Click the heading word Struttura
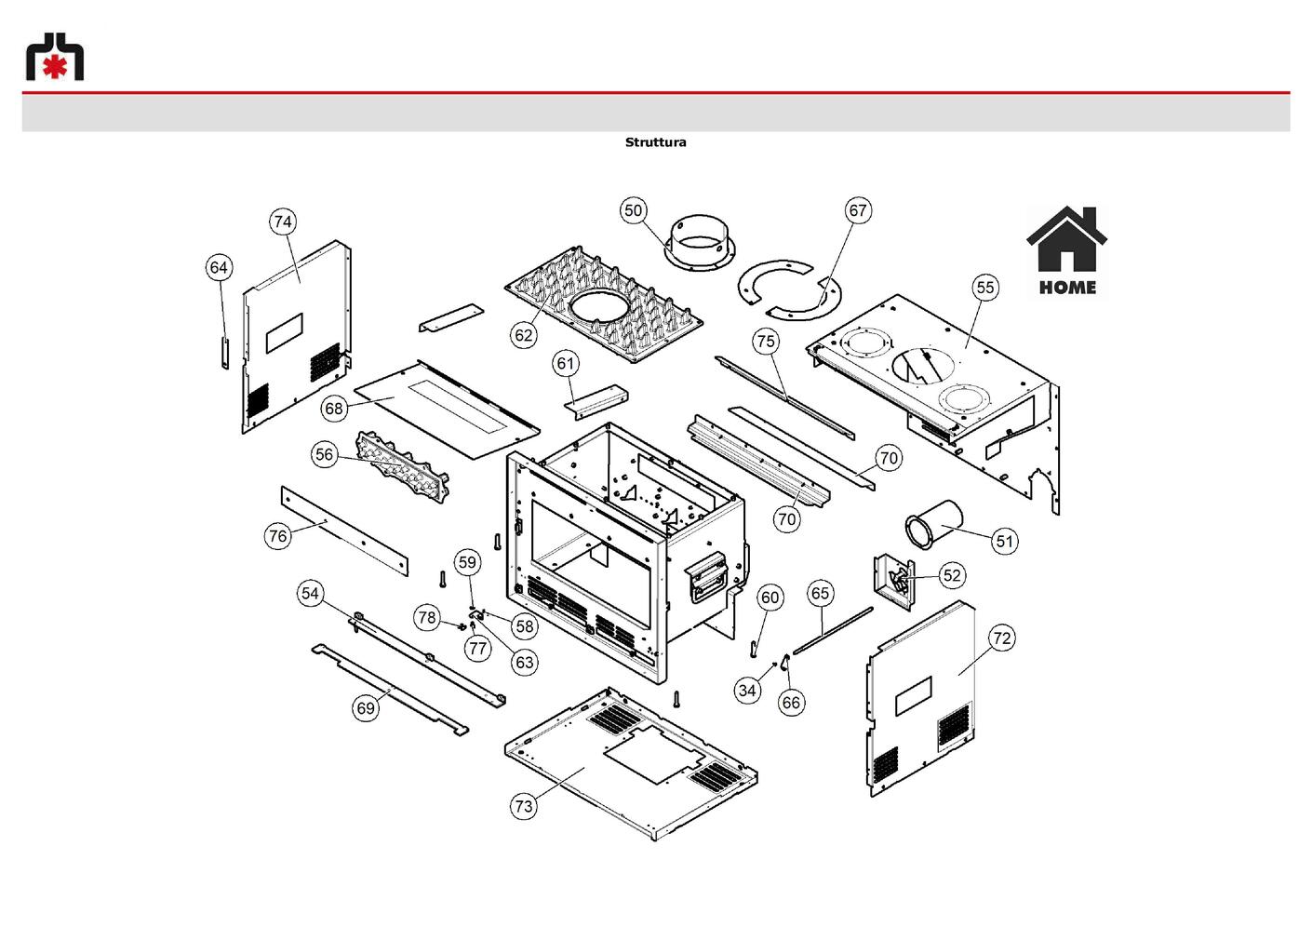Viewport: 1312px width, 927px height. click(655, 142)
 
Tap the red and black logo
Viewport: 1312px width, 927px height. click(55, 56)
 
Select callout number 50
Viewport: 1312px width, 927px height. click(633, 210)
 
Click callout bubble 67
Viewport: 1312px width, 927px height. click(858, 210)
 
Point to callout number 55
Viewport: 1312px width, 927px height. click(985, 288)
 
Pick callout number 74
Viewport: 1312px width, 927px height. click(283, 222)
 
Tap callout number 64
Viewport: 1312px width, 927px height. click(219, 268)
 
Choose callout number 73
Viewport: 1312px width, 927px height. click(523, 806)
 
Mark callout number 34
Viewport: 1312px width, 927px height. click(747, 691)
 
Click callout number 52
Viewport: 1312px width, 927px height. click(953, 575)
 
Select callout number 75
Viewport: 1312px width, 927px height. click(766, 341)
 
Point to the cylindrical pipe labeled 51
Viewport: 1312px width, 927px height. click(934, 524)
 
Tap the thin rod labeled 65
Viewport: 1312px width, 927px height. click(832, 630)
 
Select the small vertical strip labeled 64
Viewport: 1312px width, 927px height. click(225, 353)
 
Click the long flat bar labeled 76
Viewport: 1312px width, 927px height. click(344, 531)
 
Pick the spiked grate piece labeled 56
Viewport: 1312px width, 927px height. click(402, 465)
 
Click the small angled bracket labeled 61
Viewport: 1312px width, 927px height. click(596, 402)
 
